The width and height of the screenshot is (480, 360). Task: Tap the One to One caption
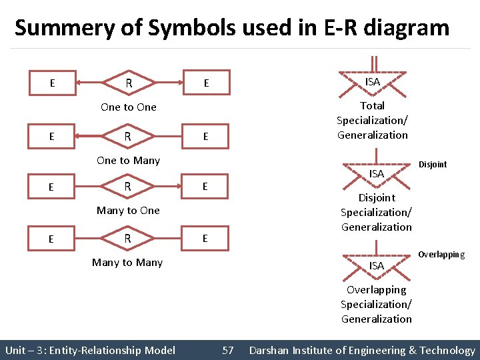(128, 107)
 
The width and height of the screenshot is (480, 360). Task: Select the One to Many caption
(128, 160)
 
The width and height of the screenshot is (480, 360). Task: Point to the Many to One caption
(128, 211)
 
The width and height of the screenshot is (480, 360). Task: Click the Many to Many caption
(127, 262)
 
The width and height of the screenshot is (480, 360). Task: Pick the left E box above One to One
(52, 83)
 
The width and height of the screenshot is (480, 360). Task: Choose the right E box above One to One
(207, 83)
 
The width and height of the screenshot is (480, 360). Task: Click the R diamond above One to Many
(128, 136)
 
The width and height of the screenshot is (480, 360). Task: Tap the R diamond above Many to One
(128, 187)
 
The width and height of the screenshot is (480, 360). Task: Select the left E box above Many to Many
(52, 239)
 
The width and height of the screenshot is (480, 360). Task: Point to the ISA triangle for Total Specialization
(373, 83)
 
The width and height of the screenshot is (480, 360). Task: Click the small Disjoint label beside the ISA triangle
(433, 165)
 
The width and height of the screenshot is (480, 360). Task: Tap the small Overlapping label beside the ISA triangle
(441, 255)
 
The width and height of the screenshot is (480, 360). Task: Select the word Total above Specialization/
(372, 105)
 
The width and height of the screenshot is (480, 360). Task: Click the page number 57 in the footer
(228, 350)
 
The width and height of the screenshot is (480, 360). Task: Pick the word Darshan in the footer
(271, 350)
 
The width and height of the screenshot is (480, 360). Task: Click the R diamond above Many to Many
(128, 239)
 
